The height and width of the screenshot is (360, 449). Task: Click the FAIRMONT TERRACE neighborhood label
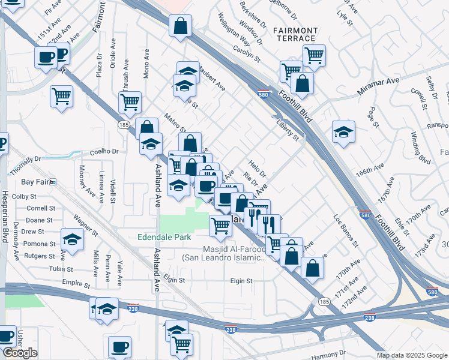[295, 34]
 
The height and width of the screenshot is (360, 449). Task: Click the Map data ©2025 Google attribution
[411, 355]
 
